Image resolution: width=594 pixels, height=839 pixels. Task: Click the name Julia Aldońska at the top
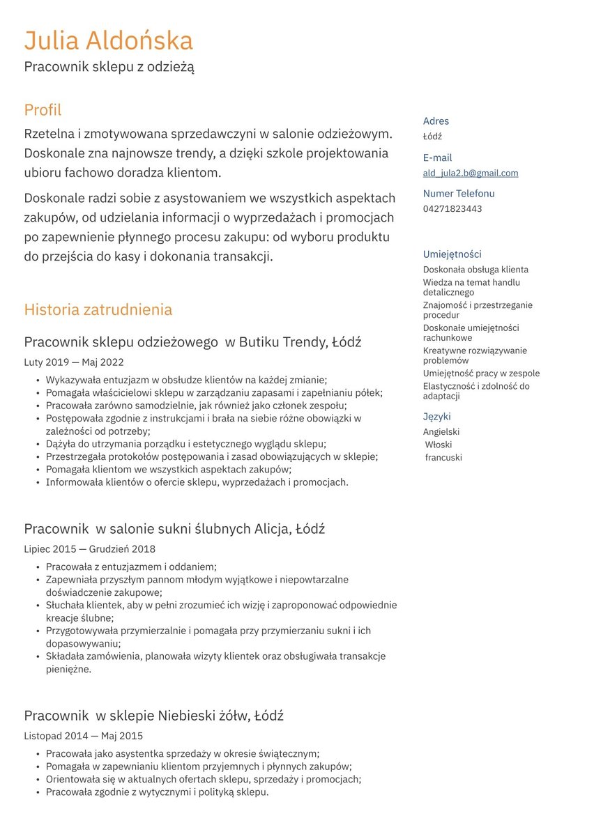pyautogui.click(x=108, y=41)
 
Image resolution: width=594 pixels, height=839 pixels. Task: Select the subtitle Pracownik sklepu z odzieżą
pyautogui.click(x=109, y=67)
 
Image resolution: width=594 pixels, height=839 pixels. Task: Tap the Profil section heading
pyautogui.click(x=43, y=110)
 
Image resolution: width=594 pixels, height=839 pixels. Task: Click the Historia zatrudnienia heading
pyautogui.click(x=98, y=309)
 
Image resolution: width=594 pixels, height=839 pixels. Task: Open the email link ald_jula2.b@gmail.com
pyautogui.click(x=470, y=173)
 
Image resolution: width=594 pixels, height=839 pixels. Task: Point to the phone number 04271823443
pyautogui.click(x=452, y=209)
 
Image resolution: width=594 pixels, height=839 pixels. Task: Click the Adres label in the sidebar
pyautogui.click(x=436, y=121)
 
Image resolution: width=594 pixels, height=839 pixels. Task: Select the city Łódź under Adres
pyautogui.click(x=432, y=137)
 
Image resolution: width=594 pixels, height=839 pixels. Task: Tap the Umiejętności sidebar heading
pyautogui.click(x=452, y=254)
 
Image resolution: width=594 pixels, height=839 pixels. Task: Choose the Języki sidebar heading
pyautogui.click(x=436, y=417)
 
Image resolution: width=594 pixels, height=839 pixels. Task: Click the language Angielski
pyautogui.click(x=441, y=432)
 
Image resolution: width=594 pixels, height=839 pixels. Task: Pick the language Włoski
pyautogui.click(x=439, y=445)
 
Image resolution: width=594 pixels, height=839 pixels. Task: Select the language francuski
pyautogui.click(x=443, y=458)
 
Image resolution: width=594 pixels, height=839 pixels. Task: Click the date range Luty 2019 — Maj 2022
pyautogui.click(x=74, y=362)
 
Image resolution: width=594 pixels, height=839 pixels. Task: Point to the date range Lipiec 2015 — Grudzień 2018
pyautogui.click(x=89, y=549)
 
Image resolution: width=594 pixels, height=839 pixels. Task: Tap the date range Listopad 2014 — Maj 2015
pyautogui.click(x=83, y=736)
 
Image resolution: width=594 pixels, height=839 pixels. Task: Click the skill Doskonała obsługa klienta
pyautogui.click(x=475, y=270)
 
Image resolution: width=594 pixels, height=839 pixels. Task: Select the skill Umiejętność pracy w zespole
pyautogui.click(x=481, y=374)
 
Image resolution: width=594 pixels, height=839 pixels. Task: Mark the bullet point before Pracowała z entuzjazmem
pyautogui.click(x=36, y=567)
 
